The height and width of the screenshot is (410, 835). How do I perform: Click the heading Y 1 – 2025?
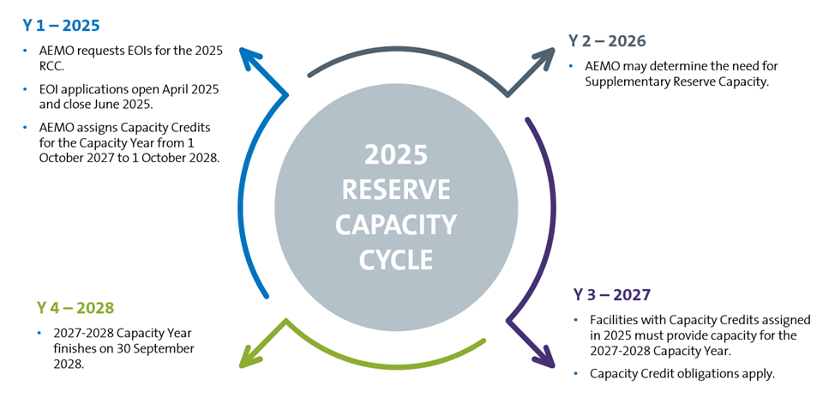point(61,25)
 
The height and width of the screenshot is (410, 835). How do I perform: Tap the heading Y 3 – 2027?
point(613,296)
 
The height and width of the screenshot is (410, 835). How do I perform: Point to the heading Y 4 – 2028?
point(75,307)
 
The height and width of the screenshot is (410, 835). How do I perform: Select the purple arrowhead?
point(544,355)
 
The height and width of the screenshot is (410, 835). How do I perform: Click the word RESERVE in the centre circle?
point(396,190)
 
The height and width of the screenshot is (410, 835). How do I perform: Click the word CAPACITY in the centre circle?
point(396,225)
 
